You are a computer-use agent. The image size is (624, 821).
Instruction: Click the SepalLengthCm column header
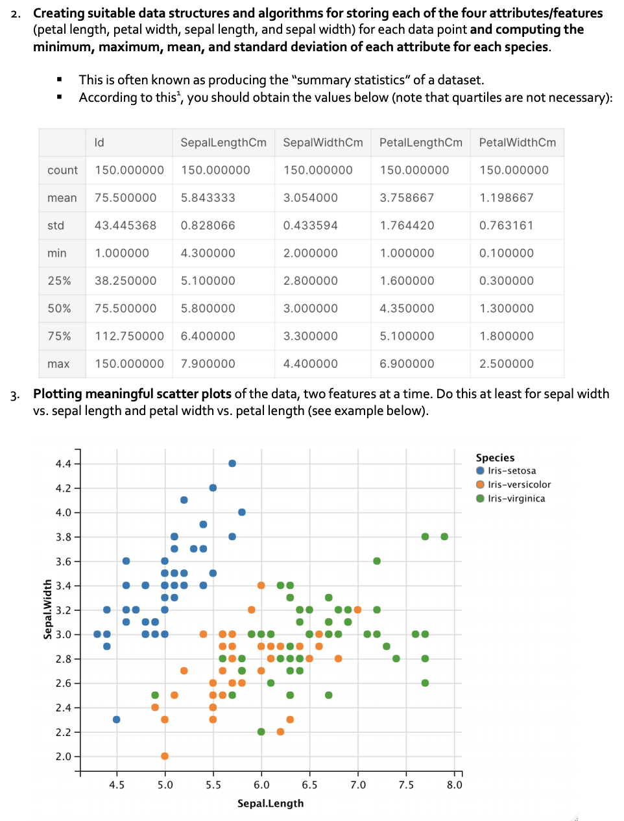[x=223, y=143]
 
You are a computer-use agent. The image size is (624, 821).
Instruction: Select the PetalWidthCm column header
[x=518, y=143]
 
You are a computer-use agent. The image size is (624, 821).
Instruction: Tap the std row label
[x=56, y=226]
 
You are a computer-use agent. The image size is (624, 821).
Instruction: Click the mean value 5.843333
[x=208, y=198]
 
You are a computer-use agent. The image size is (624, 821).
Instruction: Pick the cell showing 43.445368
[x=125, y=226]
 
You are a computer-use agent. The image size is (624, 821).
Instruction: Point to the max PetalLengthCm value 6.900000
[x=407, y=364]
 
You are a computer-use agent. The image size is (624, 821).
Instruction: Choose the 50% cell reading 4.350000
[x=407, y=309]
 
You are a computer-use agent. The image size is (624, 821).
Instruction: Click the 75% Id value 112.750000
[x=129, y=337]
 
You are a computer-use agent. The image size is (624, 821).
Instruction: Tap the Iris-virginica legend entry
[x=510, y=499]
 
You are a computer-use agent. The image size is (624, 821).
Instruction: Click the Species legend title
[x=495, y=458]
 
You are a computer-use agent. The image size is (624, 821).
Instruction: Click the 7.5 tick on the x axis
[x=406, y=785]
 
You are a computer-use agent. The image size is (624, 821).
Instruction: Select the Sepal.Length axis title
[x=270, y=803]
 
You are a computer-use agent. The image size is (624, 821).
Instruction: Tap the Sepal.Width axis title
[x=48, y=610]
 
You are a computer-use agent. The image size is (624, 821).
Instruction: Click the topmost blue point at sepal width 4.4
[x=232, y=464]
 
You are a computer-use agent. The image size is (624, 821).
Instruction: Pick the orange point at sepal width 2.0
[x=165, y=756]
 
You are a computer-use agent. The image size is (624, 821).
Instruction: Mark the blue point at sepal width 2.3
[x=116, y=720]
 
